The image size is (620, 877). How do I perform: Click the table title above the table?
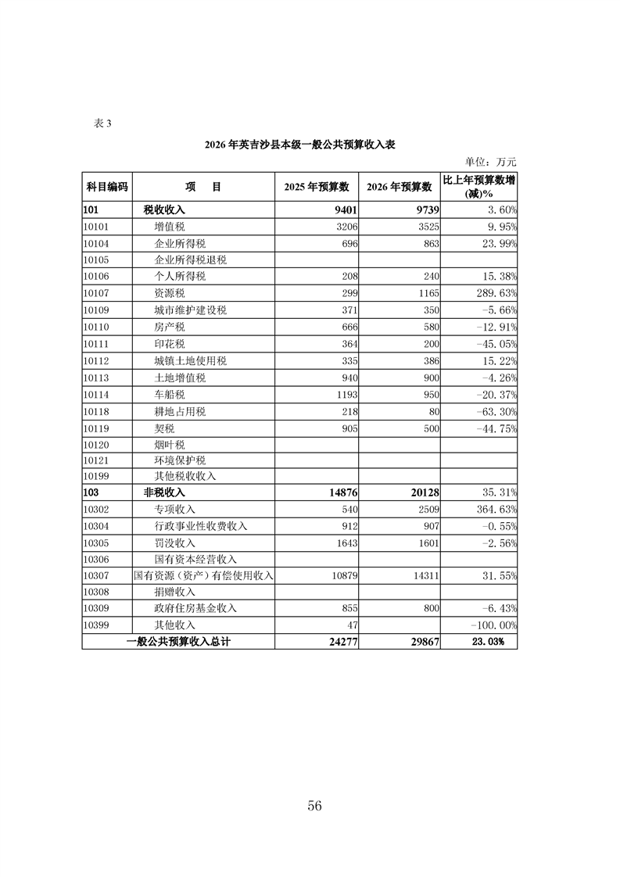(300, 145)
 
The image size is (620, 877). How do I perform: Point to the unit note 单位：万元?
(491, 162)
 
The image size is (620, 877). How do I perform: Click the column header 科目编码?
(107, 188)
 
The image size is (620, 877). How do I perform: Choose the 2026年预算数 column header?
(400, 188)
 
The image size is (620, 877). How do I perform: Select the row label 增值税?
(170, 227)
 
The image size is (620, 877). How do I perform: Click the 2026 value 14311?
(425, 575)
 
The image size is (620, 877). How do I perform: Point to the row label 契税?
(164, 428)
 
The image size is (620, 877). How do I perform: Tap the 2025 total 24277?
(338, 642)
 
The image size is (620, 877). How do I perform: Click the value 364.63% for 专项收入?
(492, 510)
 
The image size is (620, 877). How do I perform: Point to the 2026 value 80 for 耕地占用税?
(432, 411)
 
